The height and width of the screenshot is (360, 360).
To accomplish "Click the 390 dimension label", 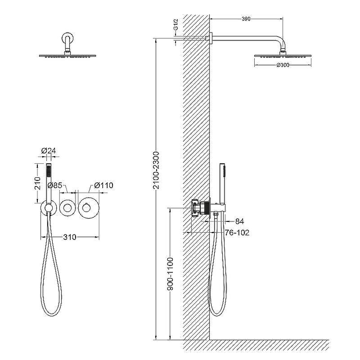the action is pos(246,19).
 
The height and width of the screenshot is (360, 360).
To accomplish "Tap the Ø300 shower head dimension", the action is pos(283,65).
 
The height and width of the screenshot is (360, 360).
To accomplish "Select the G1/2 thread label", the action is pos(175,25).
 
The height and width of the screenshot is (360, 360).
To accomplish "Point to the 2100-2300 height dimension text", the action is pos(156,170).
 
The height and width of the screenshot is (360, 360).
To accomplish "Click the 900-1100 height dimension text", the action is pos(170,274).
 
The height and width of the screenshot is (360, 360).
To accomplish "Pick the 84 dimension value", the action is pos(239,221).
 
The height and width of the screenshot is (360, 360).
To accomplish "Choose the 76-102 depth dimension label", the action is pos(237,233).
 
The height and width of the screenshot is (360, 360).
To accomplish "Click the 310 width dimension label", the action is pos(70,237).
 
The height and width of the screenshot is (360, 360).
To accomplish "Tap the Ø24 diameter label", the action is pos(49,151).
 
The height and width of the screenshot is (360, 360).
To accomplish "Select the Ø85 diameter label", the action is pos(54,185).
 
